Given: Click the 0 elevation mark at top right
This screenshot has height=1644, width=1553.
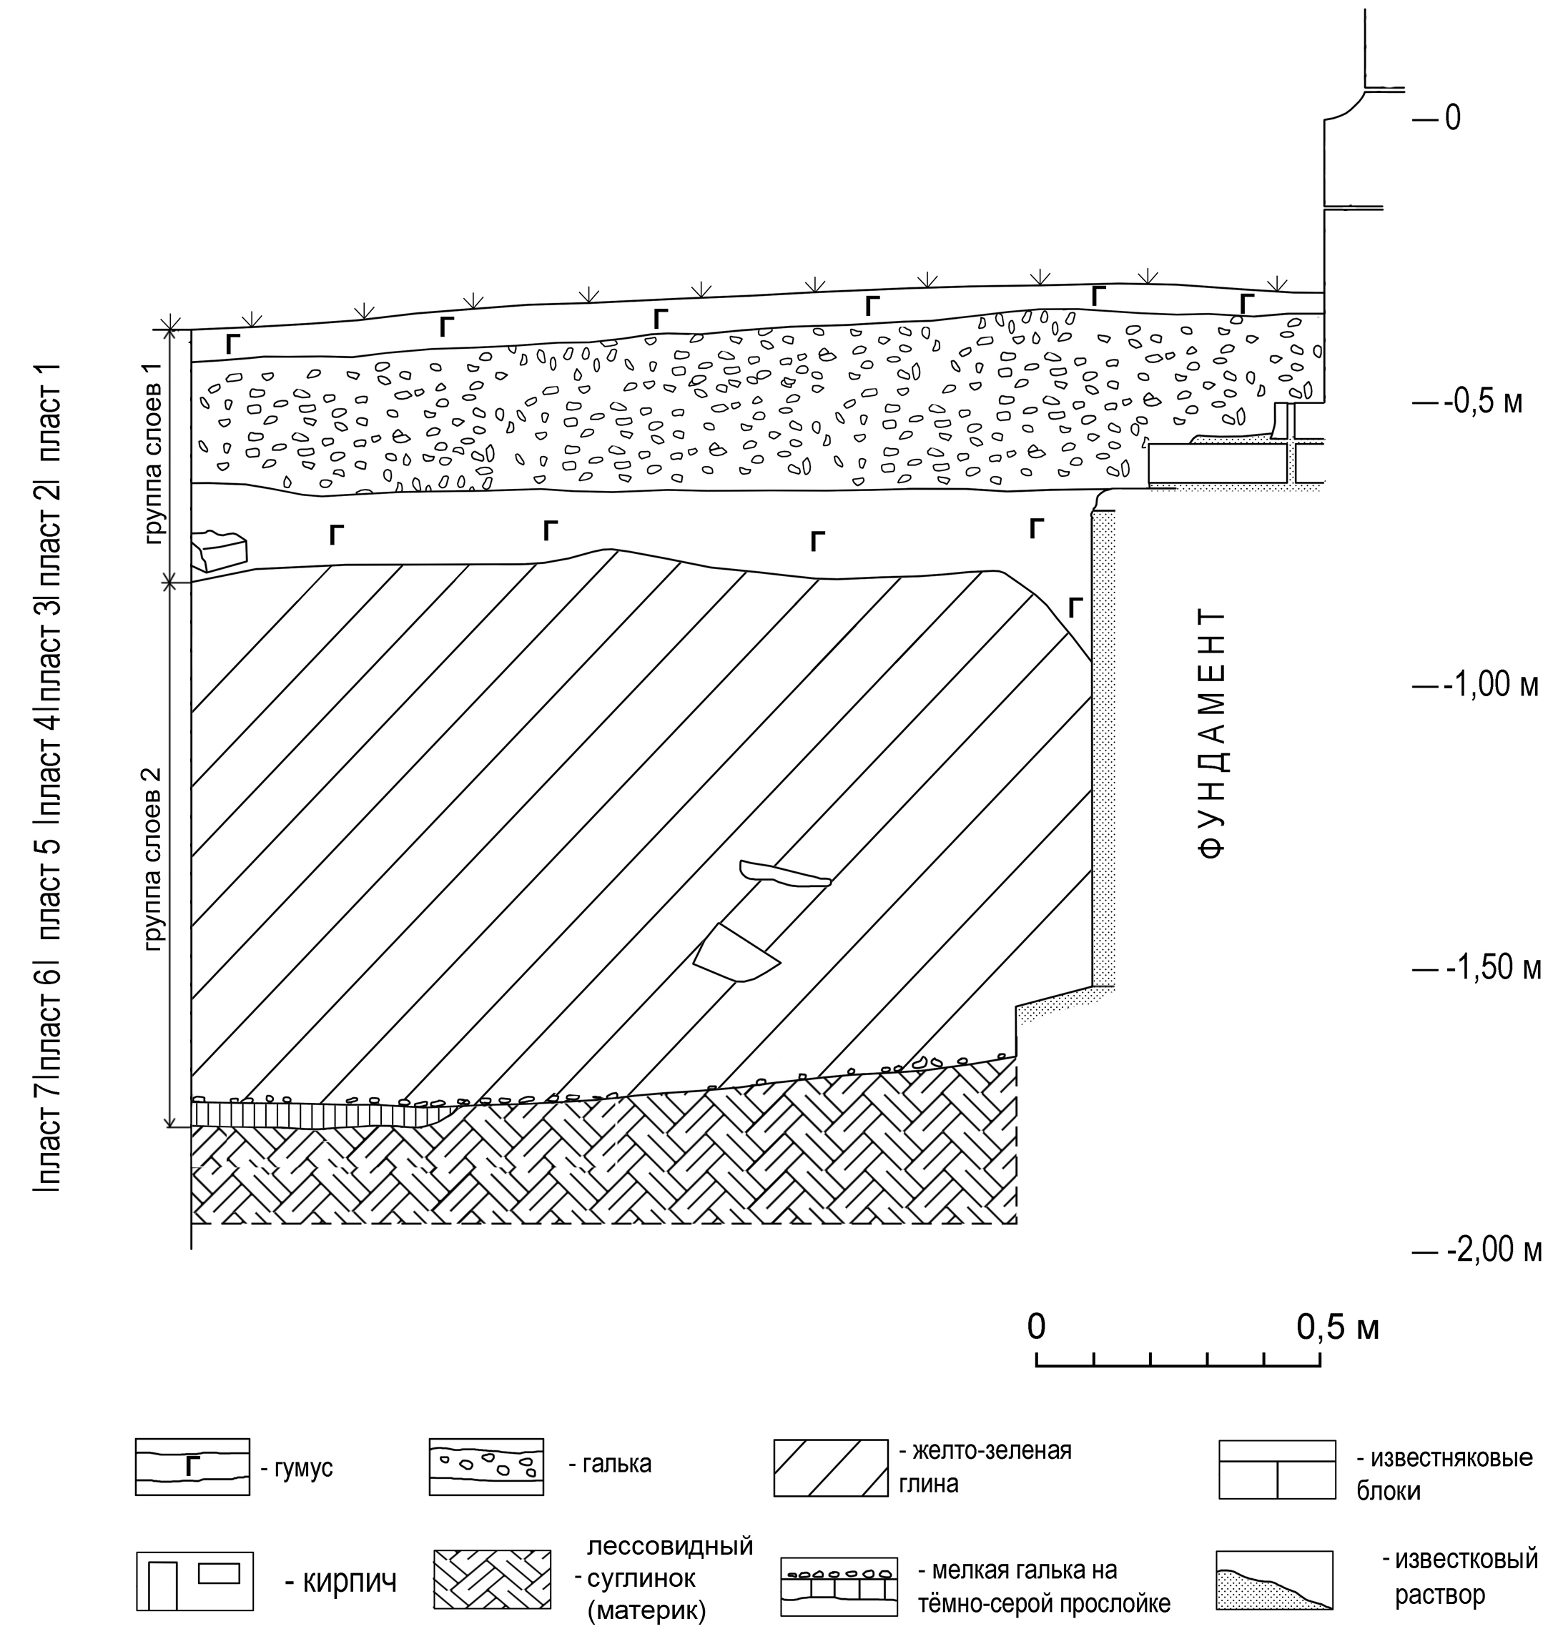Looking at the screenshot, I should tap(1453, 119).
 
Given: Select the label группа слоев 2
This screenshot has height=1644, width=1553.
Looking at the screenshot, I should tap(155, 858).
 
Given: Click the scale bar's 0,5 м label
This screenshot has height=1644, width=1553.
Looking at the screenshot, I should tap(1338, 1327).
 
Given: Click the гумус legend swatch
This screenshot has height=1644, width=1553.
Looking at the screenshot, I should tap(192, 1467).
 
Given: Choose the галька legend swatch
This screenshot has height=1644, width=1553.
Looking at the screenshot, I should tap(486, 1467).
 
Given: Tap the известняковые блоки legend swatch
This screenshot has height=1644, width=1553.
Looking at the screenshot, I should tap(1277, 1470).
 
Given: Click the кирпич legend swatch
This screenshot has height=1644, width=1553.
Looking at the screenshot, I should tap(194, 1580).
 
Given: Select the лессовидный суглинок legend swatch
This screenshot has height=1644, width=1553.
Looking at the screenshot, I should tap(493, 1580).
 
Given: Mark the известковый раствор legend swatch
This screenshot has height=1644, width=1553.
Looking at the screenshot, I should tap(1274, 1580).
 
